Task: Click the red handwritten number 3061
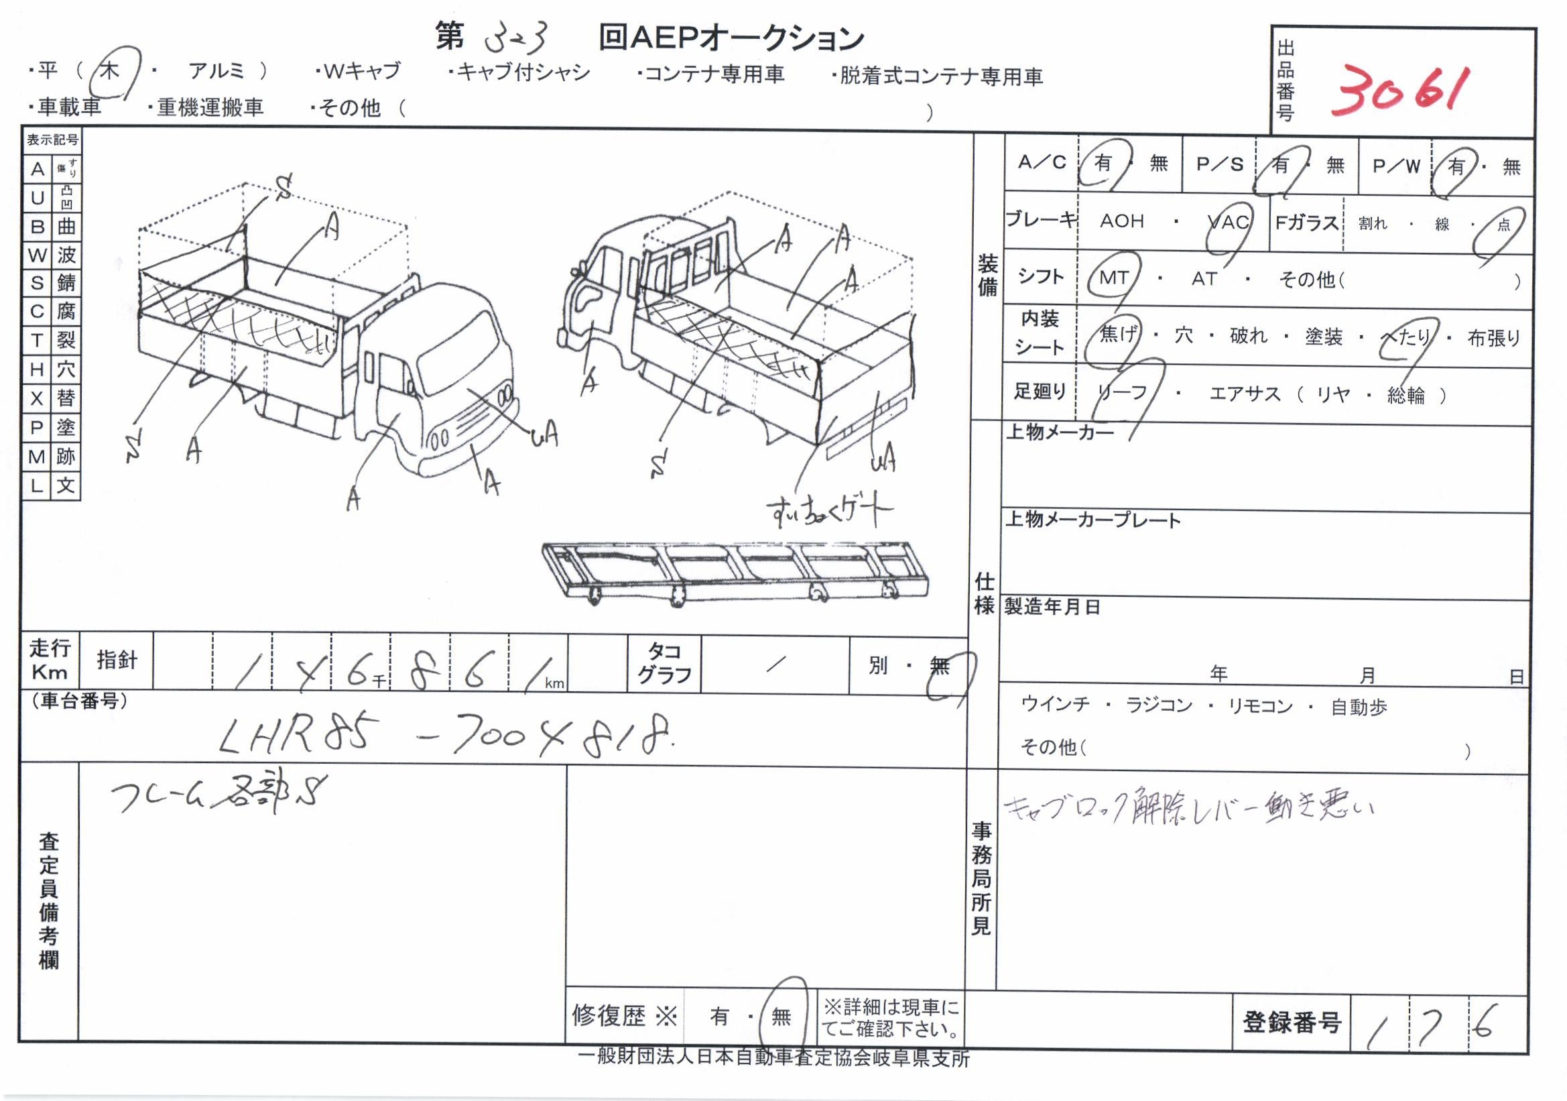(x=1397, y=97)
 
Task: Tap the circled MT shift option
(x=1113, y=278)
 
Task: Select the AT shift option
(x=1204, y=278)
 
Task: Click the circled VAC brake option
(x=1228, y=222)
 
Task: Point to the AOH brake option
(x=1121, y=221)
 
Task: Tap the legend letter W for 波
(x=38, y=255)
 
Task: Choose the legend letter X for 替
(x=38, y=398)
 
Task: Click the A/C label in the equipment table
(x=1042, y=162)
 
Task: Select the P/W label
(x=1395, y=166)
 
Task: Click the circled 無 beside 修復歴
(x=781, y=1017)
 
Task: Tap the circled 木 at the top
(x=110, y=71)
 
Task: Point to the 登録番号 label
(x=1292, y=1022)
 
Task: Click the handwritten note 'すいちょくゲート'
(x=828, y=511)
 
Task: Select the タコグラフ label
(x=664, y=663)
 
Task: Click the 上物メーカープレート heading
(x=1092, y=520)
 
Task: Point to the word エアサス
(x=1245, y=394)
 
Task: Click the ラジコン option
(x=1158, y=705)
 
